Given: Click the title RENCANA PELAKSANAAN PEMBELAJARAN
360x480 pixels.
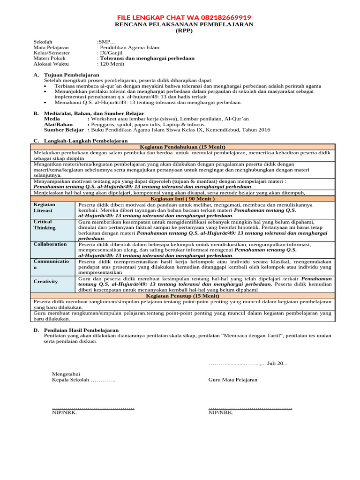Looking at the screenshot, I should click(184, 24).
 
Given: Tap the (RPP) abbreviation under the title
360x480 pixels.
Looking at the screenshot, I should click(184, 31).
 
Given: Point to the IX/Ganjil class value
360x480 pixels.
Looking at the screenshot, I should click(111, 53).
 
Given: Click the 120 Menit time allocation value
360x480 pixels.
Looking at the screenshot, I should click(111, 64).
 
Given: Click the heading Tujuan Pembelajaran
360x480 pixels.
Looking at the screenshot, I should click(71, 75).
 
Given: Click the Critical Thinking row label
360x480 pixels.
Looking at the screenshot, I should click(45, 225).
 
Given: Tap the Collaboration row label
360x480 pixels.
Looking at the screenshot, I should click(50, 244).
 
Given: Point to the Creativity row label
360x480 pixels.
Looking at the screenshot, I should click(45, 281).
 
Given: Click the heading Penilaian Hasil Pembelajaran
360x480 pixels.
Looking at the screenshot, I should click(81, 330).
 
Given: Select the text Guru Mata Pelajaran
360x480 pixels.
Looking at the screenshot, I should click(233, 380).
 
